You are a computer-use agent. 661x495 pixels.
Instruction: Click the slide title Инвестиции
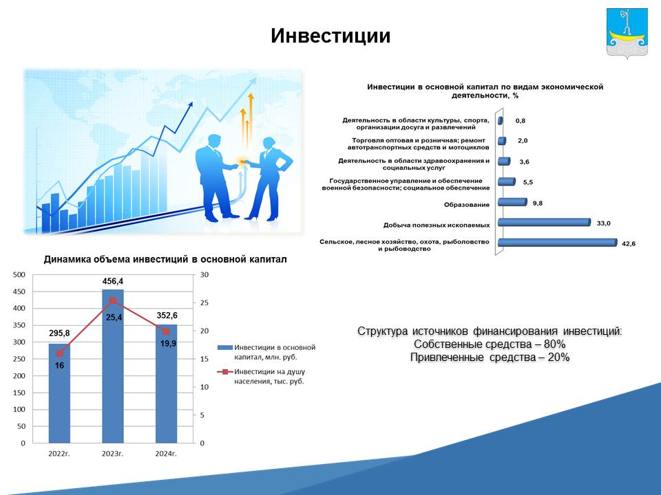tap(330, 36)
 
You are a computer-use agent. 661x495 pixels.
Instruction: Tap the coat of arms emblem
tap(627, 33)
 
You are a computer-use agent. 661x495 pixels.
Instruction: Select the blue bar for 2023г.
tap(113, 366)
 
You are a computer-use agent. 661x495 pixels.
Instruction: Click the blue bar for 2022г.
tap(59, 393)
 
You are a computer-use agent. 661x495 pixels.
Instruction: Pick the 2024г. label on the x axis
tap(166, 453)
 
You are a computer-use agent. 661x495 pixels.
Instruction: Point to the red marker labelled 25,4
tap(113, 300)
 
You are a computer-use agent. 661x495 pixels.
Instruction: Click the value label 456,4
tap(112, 281)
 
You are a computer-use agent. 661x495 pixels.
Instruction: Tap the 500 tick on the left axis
tap(19, 275)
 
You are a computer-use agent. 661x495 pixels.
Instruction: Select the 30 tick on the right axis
tap(204, 275)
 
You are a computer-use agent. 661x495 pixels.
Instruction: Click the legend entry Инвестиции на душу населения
tap(262, 376)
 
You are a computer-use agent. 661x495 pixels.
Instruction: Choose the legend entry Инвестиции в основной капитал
tap(267, 352)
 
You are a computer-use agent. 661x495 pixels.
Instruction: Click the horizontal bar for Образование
tap(512, 202)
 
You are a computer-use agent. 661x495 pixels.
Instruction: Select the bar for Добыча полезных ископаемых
tap(544, 222)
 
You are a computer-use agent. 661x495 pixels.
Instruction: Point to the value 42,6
tap(629, 243)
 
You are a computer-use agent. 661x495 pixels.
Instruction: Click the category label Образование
tap(467, 205)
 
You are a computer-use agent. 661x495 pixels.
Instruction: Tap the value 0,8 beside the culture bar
tap(521, 121)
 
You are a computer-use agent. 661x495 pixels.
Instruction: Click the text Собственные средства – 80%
tap(490, 344)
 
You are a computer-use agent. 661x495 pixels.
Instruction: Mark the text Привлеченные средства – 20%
tap(490, 357)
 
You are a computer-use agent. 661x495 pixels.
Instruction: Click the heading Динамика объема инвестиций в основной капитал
tap(165, 259)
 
